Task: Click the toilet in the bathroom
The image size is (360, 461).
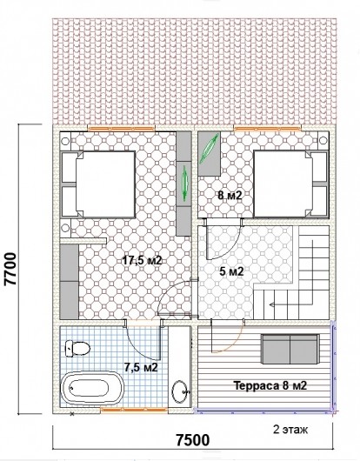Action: pos(77,349)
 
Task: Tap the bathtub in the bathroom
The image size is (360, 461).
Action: pos(92,388)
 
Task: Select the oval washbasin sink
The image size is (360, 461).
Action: pos(179,392)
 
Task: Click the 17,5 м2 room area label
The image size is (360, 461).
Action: pos(143,260)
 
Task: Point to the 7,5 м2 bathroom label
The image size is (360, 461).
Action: pos(141,367)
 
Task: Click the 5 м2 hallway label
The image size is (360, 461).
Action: pos(231,271)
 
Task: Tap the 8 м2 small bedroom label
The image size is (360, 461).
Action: pos(230,195)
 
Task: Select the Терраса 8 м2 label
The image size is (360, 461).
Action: pos(270,385)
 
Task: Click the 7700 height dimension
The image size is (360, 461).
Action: pos(11,269)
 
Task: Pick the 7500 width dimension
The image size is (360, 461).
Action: pos(193,440)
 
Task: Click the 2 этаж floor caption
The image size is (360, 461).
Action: pos(290,430)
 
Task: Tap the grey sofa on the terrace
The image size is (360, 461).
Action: pos(290,349)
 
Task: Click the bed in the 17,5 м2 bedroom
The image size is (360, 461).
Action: pos(98,184)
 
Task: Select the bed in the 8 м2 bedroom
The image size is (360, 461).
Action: pos(291,184)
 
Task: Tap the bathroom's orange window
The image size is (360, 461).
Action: pos(134,410)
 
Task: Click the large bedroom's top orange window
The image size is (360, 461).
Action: pos(121,128)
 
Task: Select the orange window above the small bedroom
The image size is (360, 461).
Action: pos(267,128)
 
